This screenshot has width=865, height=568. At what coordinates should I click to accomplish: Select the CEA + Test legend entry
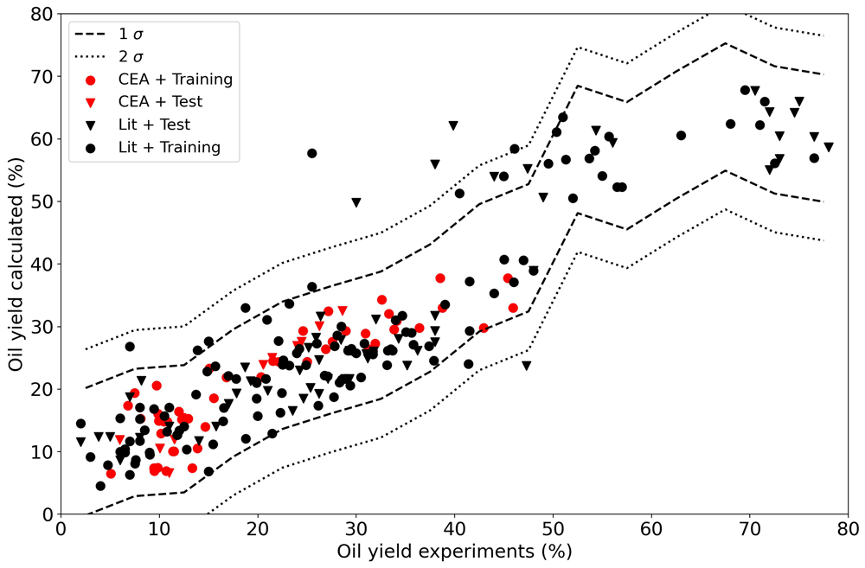click(x=144, y=102)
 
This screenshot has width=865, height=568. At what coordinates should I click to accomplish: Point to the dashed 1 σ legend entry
click(x=109, y=35)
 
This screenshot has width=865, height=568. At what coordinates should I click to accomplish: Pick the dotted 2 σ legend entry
click(x=109, y=57)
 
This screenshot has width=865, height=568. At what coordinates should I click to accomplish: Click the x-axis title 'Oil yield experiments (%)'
click(x=455, y=552)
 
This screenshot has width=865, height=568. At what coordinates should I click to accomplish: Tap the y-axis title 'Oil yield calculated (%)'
click(x=16, y=265)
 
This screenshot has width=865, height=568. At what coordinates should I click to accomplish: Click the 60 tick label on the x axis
click(x=651, y=529)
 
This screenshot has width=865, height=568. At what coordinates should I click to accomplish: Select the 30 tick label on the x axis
click(x=356, y=529)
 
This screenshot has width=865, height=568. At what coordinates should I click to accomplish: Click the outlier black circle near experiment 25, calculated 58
click(x=311, y=153)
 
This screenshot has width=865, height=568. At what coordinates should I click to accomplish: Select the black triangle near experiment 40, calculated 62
click(x=453, y=125)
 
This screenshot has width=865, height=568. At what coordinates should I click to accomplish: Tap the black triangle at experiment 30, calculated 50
click(x=356, y=203)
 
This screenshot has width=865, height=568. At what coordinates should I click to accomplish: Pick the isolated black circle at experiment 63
click(x=681, y=136)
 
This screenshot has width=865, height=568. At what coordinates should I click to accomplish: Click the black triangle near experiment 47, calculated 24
click(x=526, y=366)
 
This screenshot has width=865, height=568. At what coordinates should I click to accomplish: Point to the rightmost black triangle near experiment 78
click(x=829, y=147)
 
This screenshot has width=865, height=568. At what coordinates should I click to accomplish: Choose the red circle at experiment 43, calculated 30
click(x=484, y=329)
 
